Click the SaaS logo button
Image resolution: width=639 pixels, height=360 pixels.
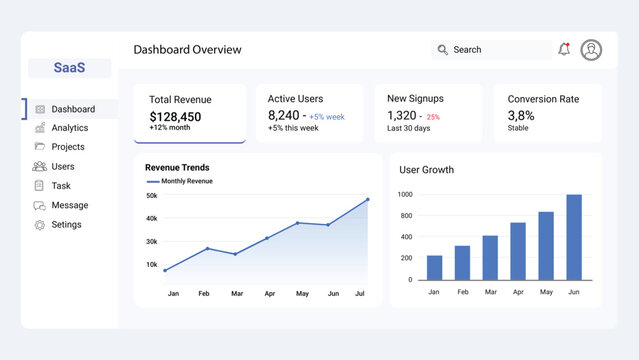click(x=69, y=68)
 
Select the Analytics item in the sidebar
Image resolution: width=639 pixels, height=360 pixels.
click(x=69, y=128)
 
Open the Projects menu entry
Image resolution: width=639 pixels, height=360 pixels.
click(x=68, y=147)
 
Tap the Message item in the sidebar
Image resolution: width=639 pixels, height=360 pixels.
click(x=69, y=205)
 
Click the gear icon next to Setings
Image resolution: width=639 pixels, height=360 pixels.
click(x=40, y=225)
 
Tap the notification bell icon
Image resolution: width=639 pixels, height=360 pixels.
click(x=564, y=50)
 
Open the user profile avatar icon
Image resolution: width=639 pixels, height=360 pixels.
click(x=591, y=50)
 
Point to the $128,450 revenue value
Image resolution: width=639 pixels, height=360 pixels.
click(x=175, y=116)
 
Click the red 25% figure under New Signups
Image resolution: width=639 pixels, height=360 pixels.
click(x=433, y=117)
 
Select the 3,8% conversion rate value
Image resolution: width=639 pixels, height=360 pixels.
click(x=521, y=116)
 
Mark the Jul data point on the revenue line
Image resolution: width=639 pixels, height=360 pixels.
click(x=367, y=199)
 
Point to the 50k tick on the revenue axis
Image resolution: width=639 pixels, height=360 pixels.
click(x=151, y=196)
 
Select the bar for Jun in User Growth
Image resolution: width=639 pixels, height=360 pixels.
click(x=574, y=237)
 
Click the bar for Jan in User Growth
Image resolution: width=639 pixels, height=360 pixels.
click(x=434, y=267)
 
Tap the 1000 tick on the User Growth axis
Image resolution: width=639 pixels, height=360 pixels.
click(x=405, y=195)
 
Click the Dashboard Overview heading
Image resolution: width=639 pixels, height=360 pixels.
click(x=187, y=50)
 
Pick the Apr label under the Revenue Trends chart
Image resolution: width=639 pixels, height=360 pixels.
click(x=269, y=294)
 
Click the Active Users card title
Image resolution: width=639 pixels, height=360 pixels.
click(x=296, y=99)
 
